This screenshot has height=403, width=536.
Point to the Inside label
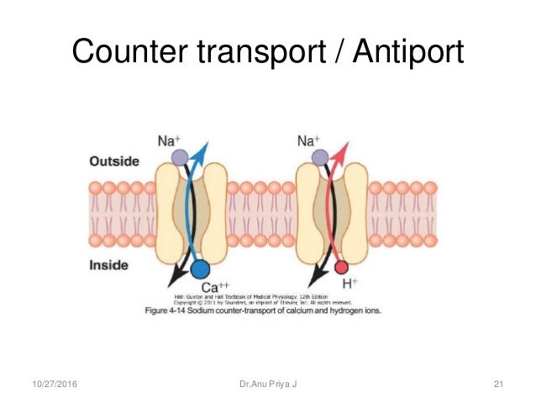[108, 266]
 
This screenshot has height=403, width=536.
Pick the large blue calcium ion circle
[200, 269]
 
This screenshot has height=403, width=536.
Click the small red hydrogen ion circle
[341, 268]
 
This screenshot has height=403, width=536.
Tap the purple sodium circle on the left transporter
[177, 156]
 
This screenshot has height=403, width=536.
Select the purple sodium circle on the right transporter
[319, 156]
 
